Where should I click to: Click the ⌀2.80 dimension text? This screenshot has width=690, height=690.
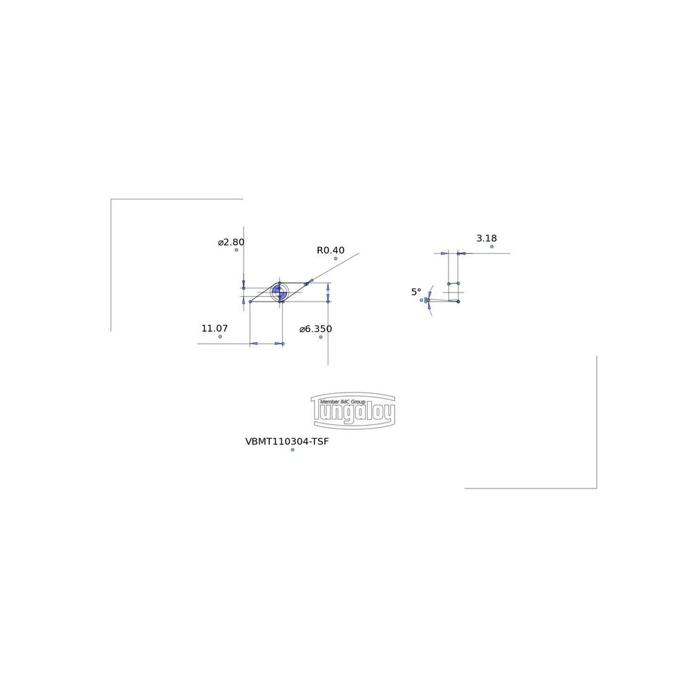(x=231, y=242)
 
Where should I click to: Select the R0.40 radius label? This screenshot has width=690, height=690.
(x=331, y=250)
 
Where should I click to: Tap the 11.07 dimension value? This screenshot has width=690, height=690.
(x=215, y=328)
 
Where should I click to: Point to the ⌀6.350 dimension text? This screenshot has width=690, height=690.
(x=315, y=328)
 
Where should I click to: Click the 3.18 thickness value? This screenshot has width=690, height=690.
(x=486, y=238)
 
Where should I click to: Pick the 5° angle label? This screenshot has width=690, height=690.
(x=416, y=292)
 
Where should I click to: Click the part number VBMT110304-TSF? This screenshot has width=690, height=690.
(x=287, y=442)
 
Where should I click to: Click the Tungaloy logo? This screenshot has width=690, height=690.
(x=353, y=411)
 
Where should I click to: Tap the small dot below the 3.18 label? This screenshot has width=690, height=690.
(x=492, y=246)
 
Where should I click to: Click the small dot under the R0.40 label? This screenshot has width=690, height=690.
(x=336, y=258)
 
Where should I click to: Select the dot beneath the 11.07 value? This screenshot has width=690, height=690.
(x=220, y=337)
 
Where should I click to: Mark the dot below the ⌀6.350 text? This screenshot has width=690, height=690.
(x=321, y=337)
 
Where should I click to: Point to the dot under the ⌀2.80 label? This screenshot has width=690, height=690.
(x=236, y=250)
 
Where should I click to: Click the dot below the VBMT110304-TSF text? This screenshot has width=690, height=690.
(x=292, y=450)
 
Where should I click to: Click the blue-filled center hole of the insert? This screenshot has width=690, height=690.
(x=279, y=292)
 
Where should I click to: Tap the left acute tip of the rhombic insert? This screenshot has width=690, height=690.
(x=250, y=302)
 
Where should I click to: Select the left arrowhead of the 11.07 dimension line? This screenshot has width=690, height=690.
(x=254, y=344)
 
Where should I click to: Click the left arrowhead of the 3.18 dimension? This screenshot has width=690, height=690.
(x=444, y=253)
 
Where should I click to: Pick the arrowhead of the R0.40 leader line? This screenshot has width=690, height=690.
(x=309, y=282)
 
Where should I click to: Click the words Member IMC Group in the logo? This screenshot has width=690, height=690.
(x=343, y=402)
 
